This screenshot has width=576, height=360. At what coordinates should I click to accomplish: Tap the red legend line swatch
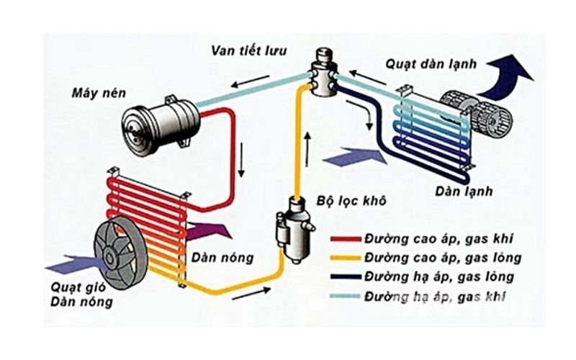tap(348, 237)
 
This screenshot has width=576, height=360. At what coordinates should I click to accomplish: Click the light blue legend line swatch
tap(348, 297)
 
